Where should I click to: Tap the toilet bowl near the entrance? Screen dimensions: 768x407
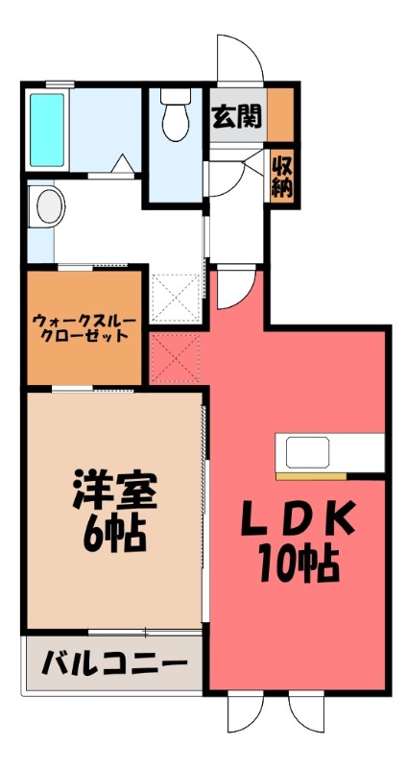pos(175,117)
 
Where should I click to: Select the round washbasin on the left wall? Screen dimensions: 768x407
pos(45,204)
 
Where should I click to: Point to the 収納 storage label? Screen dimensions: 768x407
pos(281,176)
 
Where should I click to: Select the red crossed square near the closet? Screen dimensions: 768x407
pos(175,357)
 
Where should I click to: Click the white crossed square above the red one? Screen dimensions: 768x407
pos(175,298)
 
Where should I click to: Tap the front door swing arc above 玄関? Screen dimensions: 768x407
pos(240,60)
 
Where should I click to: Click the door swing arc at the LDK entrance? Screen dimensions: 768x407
pos(233,289)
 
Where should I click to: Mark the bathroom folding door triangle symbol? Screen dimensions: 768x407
pos(122,164)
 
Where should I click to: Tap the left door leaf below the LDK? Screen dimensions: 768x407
pos(246,713)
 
